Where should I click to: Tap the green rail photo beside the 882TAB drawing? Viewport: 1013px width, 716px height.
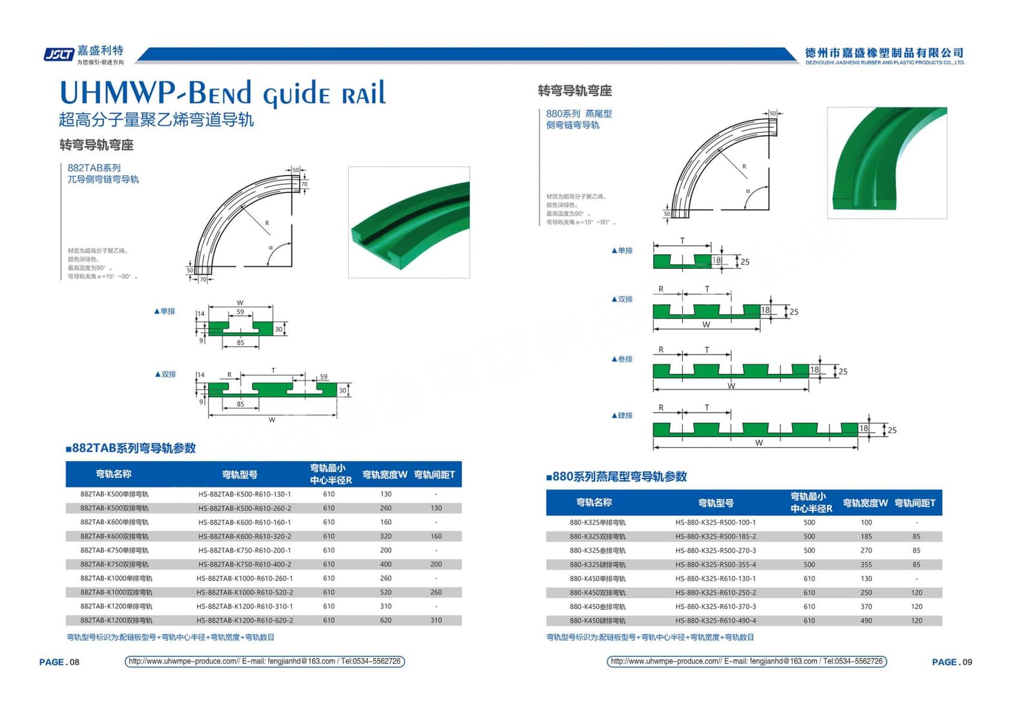[409, 222]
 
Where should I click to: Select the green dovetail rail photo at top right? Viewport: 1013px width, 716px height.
[886, 162]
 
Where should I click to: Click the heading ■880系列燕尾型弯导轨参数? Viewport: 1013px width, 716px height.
[616, 476]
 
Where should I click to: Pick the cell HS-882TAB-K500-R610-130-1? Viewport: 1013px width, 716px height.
[244, 494]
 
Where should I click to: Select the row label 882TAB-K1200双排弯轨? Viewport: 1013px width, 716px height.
[116, 620]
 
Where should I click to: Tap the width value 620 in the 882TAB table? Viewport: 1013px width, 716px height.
[386, 620]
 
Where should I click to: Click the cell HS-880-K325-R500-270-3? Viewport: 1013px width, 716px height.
[715, 551]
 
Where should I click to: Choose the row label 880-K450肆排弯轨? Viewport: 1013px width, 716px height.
[598, 620]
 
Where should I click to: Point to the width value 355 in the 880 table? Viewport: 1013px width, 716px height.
[866, 565]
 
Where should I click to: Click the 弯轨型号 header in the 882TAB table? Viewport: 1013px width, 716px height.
[240, 475]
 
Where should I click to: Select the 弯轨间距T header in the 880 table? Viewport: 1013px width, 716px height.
[915, 503]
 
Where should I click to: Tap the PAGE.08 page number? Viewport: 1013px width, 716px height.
[59, 662]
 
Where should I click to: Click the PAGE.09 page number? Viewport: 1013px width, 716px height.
[952, 662]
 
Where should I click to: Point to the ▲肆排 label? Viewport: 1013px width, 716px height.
[621, 416]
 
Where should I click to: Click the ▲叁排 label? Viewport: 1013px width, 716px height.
[621, 359]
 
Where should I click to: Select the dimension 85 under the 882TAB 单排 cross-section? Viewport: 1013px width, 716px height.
[240, 343]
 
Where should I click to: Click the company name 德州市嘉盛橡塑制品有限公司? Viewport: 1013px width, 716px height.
[884, 53]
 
